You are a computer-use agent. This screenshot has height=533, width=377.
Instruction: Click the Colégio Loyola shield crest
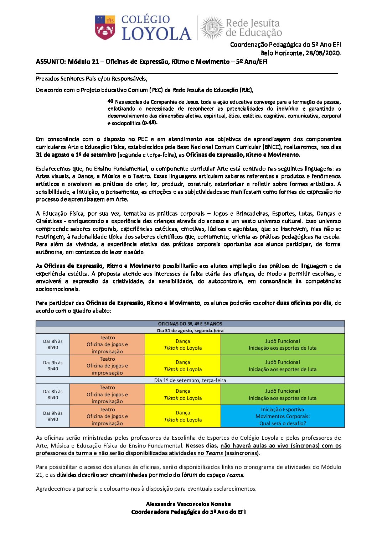tap(105, 27)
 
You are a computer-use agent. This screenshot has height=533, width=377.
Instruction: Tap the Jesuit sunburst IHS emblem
tap(213, 27)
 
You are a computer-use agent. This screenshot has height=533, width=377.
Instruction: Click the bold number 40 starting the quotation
tap(110, 101)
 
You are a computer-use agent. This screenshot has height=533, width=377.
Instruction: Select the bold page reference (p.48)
tap(150, 123)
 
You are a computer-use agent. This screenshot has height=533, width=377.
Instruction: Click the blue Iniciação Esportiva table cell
tap(283, 416)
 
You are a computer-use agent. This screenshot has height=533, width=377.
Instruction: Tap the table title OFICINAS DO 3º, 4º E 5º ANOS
tap(190, 324)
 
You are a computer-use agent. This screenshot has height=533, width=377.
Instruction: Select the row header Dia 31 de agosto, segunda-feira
tap(190, 331)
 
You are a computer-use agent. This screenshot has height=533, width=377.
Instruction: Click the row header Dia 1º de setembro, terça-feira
tap(190, 380)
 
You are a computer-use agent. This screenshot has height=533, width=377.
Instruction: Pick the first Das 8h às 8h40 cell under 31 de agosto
tap(53, 344)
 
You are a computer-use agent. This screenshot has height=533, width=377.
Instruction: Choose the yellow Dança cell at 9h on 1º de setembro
tap(183, 416)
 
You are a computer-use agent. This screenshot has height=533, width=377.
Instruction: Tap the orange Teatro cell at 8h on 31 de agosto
tap(107, 344)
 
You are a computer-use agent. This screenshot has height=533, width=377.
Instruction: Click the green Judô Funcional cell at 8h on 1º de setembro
tap(283, 394)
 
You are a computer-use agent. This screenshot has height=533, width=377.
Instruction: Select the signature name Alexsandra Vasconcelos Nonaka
tap(188, 504)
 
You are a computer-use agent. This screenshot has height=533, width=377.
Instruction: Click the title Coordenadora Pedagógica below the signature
tap(188, 512)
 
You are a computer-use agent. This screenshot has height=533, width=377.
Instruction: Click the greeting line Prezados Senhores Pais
tap(92, 79)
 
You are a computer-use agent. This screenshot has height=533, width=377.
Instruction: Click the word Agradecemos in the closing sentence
tap(53, 488)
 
